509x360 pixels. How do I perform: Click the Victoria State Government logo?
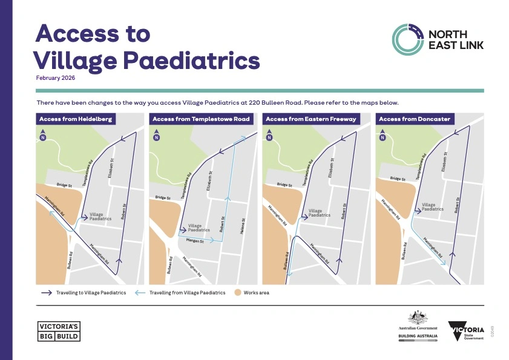coord(467,331)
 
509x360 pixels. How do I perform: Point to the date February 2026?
coord(56,78)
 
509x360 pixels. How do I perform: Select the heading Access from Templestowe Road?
coord(201,119)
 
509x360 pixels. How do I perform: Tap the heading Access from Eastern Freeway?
coord(311,119)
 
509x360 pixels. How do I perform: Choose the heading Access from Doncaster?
coord(415,119)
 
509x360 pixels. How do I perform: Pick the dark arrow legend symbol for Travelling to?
coord(45,293)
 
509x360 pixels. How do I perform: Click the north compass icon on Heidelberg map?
coord(42,136)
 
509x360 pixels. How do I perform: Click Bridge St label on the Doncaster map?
coord(398,179)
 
